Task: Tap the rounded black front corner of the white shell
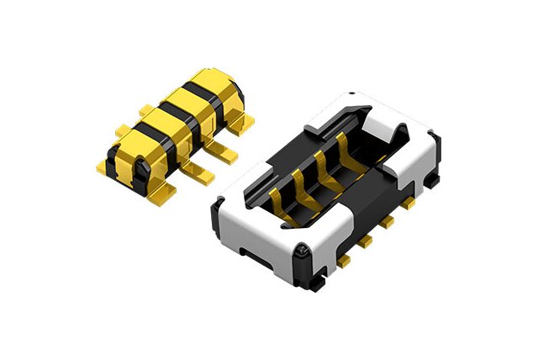tap(300, 252)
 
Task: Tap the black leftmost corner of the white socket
tap(217, 207)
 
